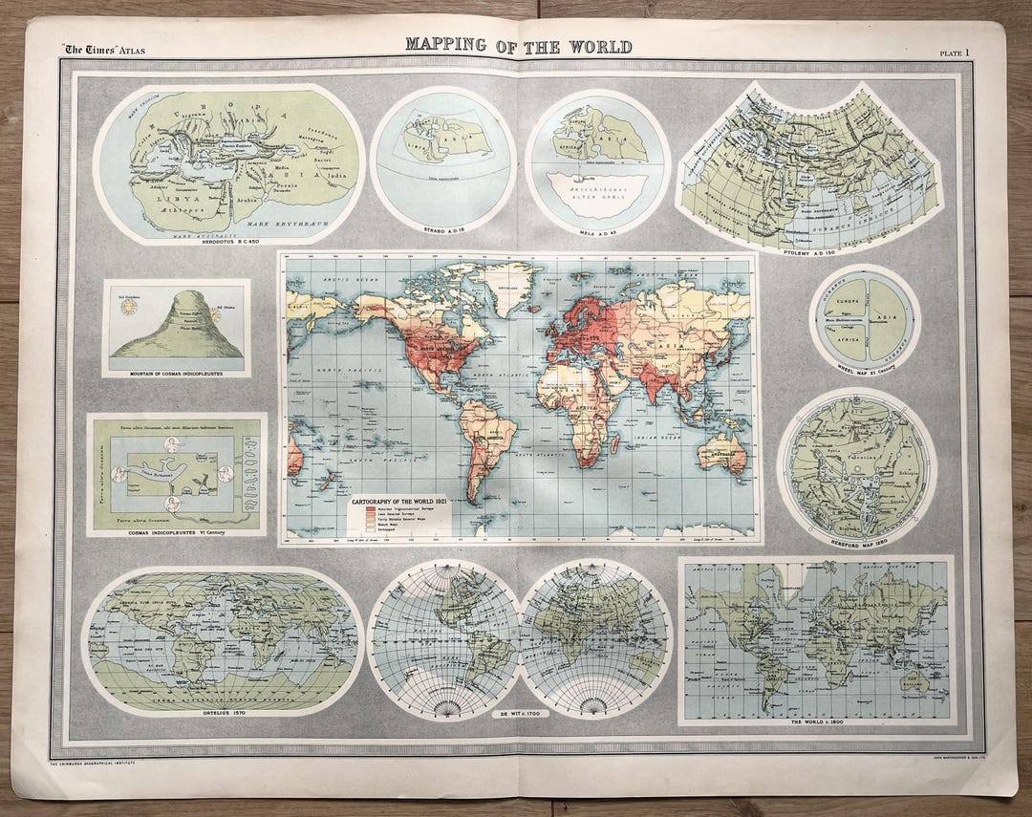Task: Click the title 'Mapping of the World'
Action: tap(518, 45)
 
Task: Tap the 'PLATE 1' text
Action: tap(954, 54)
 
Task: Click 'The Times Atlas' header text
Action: tap(104, 50)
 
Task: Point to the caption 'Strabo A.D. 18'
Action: tap(441, 230)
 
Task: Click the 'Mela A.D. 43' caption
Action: tap(596, 230)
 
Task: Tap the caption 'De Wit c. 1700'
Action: tap(519, 714)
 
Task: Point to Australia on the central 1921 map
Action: tap(722, 453)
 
